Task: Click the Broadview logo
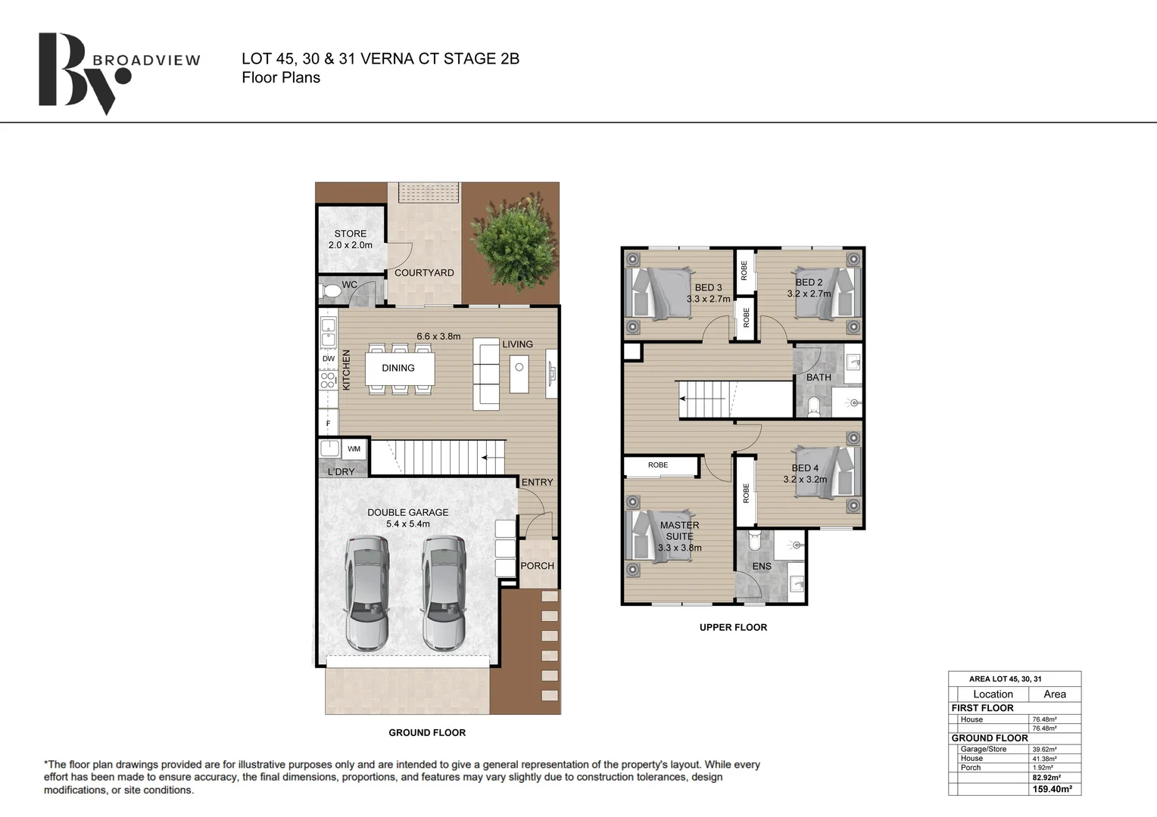click(119, 73)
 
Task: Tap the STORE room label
click(350, 233)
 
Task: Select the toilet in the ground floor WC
click(331, 292)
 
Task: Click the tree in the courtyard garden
click(514, 243)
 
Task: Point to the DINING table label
click(398, 368)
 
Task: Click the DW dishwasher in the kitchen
click(329, 359)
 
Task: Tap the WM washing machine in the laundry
click(354, 449)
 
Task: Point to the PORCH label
click(537, 566)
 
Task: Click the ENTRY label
click(537, 482)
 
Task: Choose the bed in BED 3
click(659, 294)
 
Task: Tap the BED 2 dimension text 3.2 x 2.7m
click(809, 294)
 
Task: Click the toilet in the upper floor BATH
click(813, 405)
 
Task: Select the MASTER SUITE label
click(680, 530)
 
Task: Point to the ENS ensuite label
click(762, 566)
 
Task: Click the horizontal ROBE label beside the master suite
click(658, 465)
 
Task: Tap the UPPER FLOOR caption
click(734, 628)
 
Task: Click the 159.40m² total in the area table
click(1053, 789)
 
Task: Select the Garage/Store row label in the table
click(984, 749)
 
